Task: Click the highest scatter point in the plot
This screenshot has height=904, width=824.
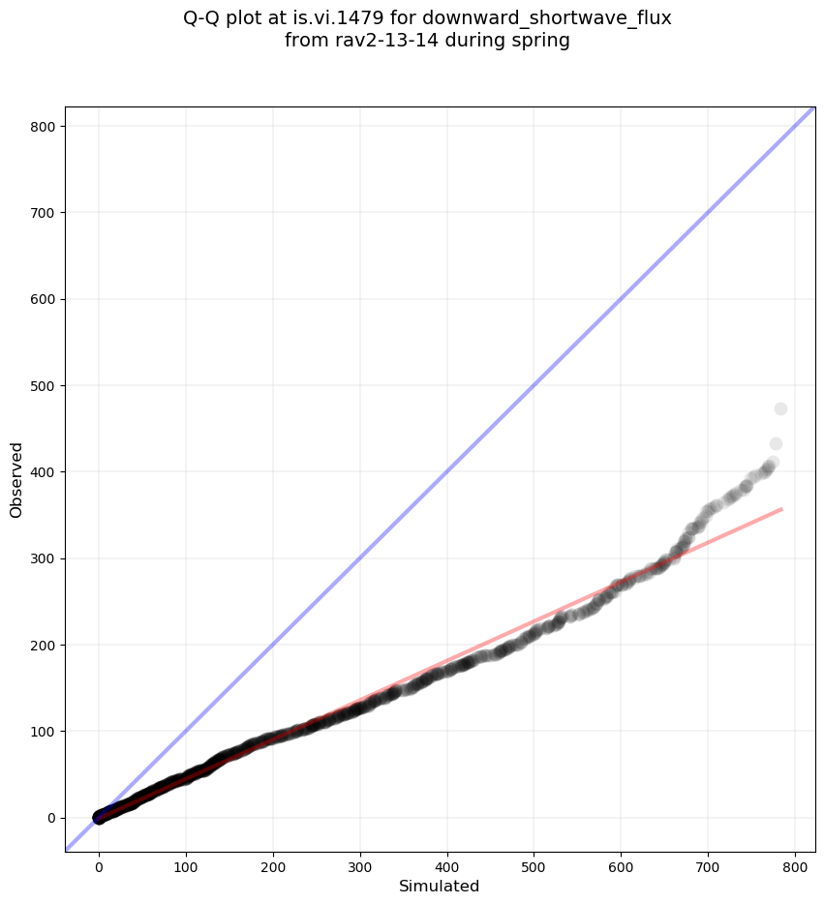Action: click(780, 408)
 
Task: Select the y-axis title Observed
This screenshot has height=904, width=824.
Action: click(16, 479)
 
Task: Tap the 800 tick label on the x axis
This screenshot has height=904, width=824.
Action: click(795, 859)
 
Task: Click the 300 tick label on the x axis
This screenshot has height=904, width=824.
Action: click(360, 859)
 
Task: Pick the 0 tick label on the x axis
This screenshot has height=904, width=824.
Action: click(99, 859)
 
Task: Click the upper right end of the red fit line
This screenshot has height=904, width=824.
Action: click(780, 508)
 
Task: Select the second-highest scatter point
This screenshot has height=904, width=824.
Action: click(776, 444)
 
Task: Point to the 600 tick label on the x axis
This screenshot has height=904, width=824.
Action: click(622, 859)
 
